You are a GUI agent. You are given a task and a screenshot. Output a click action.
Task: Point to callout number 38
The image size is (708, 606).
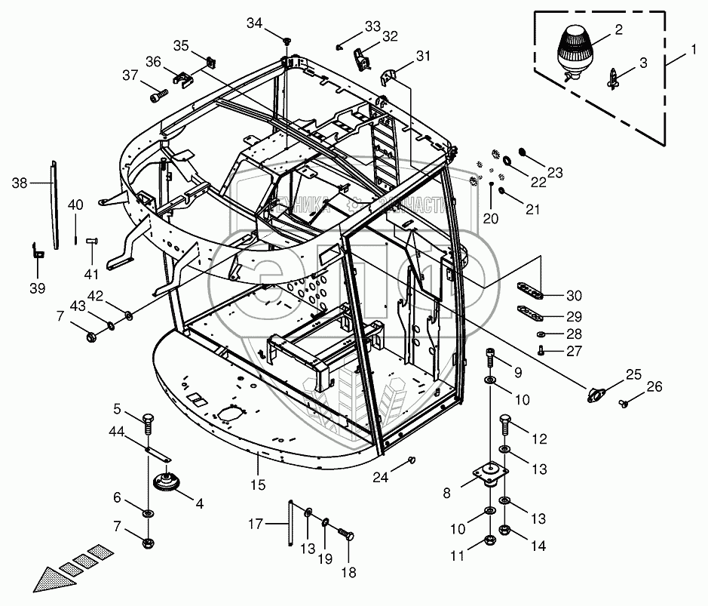pyautogui.click(x=20, y=182)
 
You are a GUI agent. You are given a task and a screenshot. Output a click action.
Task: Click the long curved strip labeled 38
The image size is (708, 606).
pyautogui.click(x=55, y=204)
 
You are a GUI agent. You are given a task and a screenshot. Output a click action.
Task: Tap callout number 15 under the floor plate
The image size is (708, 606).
pyautogui.click(x=259, y=484)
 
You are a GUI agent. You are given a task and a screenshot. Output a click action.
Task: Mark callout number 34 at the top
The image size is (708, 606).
pyautogui.click(x=255, y=24)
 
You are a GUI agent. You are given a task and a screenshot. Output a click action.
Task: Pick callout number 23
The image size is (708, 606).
pyautogui.click(x=555, y=173)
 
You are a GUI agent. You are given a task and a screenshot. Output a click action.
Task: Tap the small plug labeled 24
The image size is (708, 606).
pyautogui.click(x=412, y=460)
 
